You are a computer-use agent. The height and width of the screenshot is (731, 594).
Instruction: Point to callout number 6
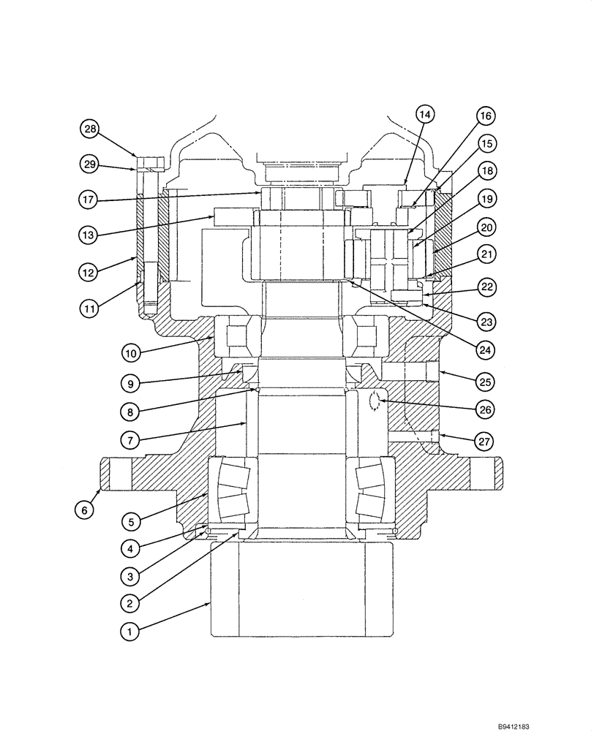pyautogui.click(x=84, y=511)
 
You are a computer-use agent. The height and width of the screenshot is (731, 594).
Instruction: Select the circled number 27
pyautogui.click(x=485, y=442)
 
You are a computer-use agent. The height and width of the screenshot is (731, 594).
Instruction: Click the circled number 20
pyautogui.click(x=485, y=227)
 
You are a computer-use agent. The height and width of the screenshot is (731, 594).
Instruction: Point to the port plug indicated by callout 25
pyautogui.click(x=432, y=372)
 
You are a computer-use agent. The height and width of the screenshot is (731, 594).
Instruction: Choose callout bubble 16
pyautogui.click(x=485, y=115)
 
